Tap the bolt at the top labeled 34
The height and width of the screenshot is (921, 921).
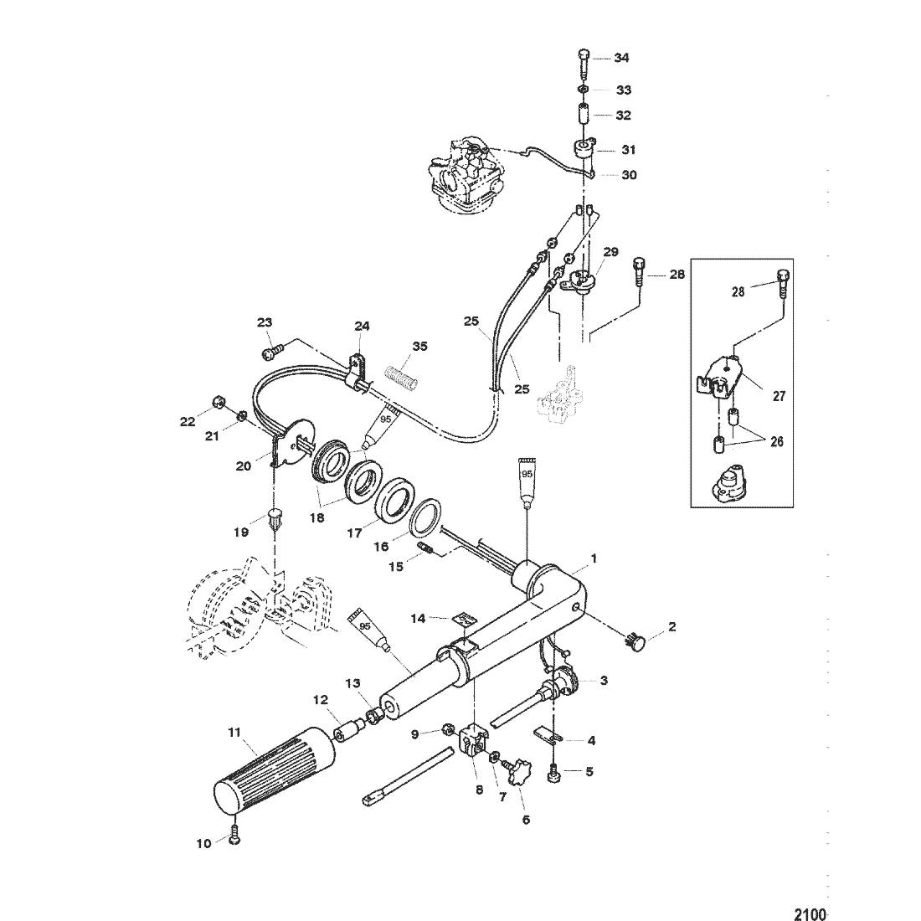(581, 63)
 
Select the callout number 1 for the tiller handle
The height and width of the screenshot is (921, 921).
(594, 558)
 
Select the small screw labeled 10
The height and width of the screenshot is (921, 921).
(234, 835)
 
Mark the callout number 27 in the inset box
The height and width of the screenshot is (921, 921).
(779, 396)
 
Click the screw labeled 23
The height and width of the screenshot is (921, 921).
(271, 352)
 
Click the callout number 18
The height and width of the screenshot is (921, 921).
(316, 518)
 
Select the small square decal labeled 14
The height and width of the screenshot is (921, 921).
(464, 620)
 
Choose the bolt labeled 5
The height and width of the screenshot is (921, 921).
(554, 774)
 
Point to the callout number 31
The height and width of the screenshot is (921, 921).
(629, 150)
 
